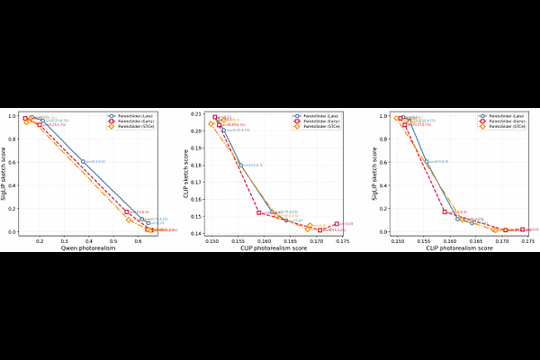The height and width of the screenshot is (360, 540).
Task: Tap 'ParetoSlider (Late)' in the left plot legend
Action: (139, 116)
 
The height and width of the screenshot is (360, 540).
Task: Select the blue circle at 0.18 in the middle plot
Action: (240, 165)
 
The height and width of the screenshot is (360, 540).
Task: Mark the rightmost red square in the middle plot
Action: (337, 224)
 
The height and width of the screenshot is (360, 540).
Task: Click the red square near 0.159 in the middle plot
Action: (259, 212)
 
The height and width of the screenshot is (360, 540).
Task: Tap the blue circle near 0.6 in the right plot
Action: (427, 162)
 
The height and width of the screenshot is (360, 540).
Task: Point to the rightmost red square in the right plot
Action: (522, 229)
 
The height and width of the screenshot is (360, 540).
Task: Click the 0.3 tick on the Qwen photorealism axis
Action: (64, 240)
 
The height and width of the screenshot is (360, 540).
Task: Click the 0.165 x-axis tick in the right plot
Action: (477, 240)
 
